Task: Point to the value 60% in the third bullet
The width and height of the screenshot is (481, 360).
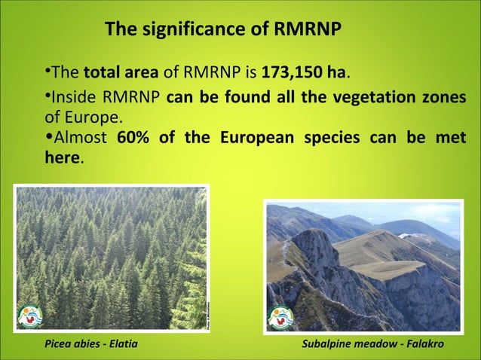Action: [134, 139]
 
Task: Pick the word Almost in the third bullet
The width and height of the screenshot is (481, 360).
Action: [81, 139]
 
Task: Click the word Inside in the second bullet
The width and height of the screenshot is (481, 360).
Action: [72, 98]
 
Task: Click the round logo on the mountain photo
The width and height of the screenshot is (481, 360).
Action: [280, 316]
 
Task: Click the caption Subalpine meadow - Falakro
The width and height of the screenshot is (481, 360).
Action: [372, 344]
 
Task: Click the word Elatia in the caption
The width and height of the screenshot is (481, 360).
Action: [123, 344]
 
